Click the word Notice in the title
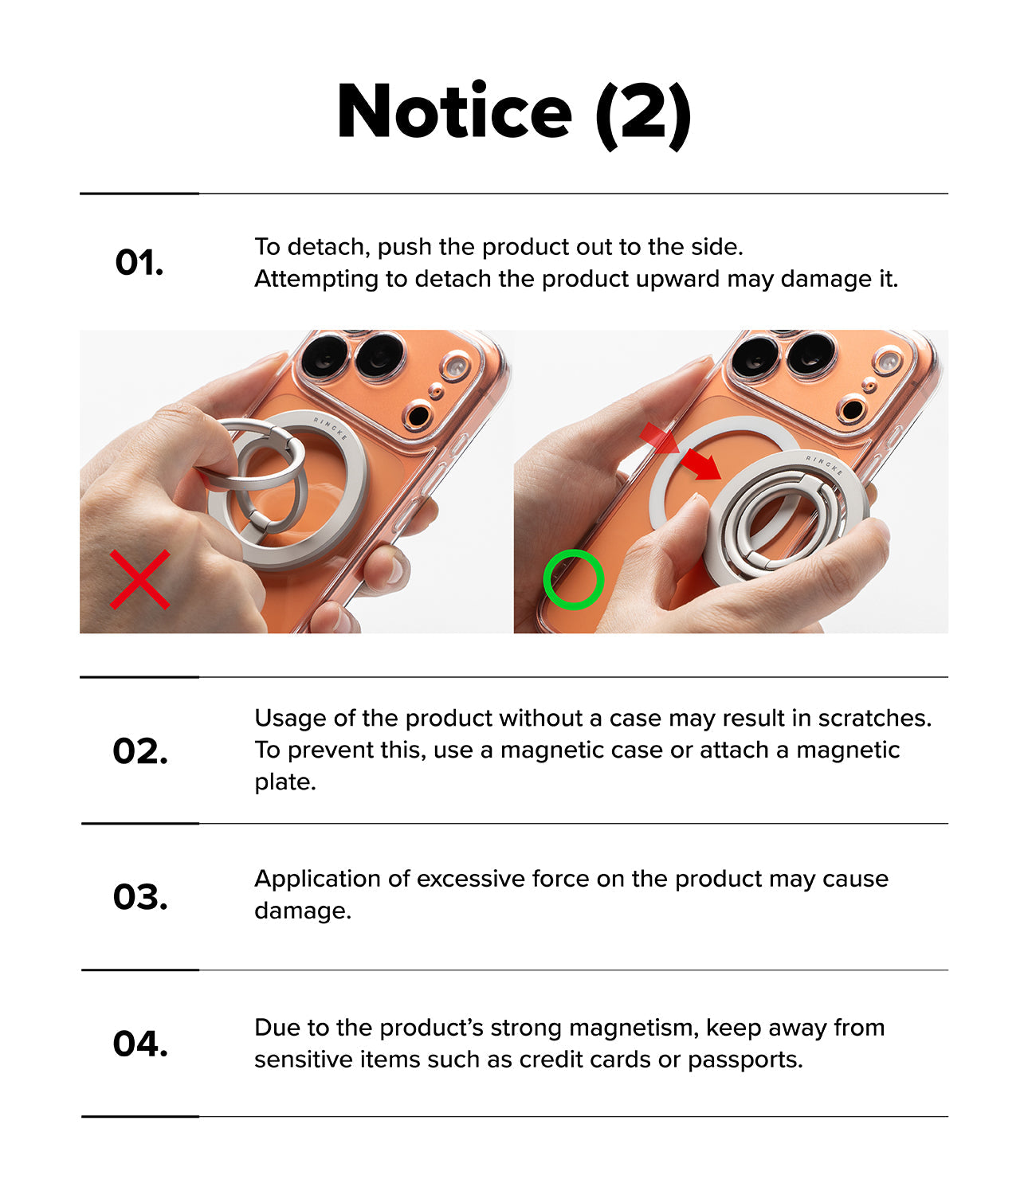[454, 111]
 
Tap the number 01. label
[139, 262]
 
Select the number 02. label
[140, 751]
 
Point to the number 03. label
[140, 897]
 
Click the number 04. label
[140, 1044]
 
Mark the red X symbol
[140, 579]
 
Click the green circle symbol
[574, 579]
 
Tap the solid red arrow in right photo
[700, 464]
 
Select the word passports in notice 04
[745, 1060]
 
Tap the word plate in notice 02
[285, 782]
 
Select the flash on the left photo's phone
[456, 366]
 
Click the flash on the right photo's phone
[888, 360]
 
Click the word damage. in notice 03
[303, 911]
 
